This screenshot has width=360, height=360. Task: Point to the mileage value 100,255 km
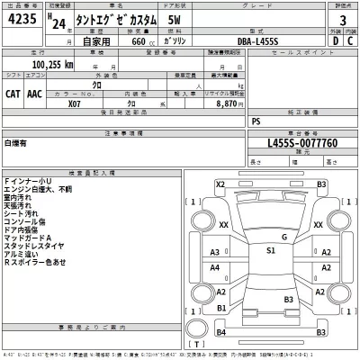point(53,65)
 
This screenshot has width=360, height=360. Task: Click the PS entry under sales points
point(256,120)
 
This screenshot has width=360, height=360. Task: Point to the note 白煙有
point(16,143)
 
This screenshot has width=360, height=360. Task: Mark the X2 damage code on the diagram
point(220,184)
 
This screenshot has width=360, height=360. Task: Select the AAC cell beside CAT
point(34,92)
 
